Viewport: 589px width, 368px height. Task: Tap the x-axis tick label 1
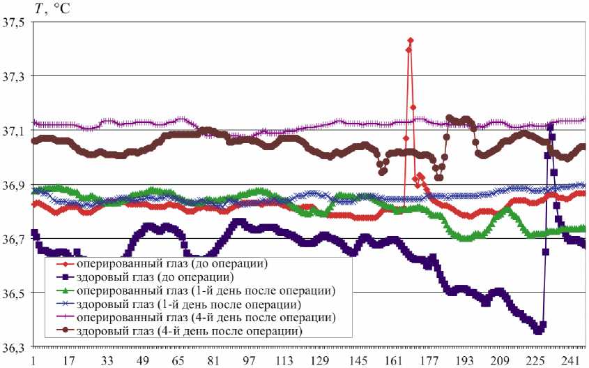coord(32,361)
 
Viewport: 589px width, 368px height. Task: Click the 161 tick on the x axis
coord(393,361)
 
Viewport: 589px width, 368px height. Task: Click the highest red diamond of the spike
coord(411,41)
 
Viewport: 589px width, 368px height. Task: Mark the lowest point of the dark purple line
coord(537,330)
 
